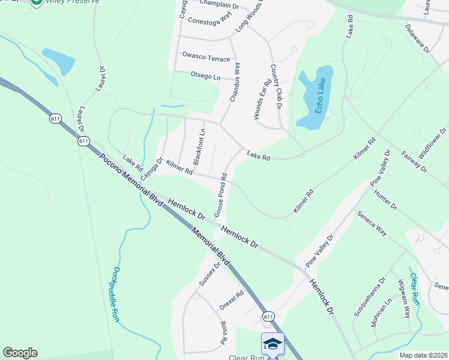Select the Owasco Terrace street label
point(206,59)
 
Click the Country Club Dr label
point(276,86)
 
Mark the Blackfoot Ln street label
point(200,146)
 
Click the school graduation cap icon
point(273,344)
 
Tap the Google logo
point(20,353)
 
